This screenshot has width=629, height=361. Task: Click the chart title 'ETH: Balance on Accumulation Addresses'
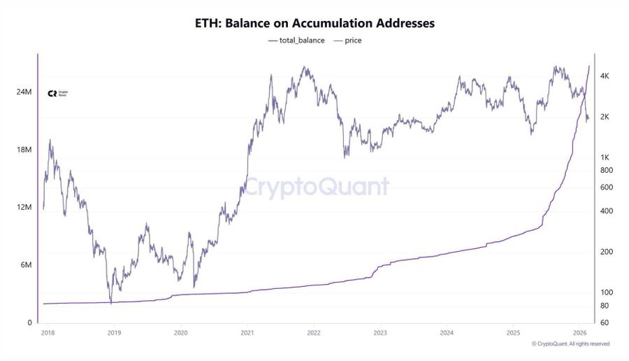(314, 23)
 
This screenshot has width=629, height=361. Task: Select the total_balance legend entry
(297, 41)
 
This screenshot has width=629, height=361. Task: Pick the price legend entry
(348, 41)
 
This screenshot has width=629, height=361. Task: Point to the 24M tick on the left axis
(24, 92)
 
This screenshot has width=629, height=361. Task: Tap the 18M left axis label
(24, 150)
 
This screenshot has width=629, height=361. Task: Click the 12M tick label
(24, 208)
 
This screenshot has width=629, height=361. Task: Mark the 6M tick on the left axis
(26, 265)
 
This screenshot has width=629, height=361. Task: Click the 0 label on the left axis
(30, 323)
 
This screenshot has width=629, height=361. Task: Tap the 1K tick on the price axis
(605, 157)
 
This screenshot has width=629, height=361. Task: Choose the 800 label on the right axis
(606, 171)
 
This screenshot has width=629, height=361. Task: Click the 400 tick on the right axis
(606, 211)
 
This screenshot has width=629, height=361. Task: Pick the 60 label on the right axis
(605, 323)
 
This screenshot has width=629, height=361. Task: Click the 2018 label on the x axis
(47, 333)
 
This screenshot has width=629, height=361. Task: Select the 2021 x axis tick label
(247, 333)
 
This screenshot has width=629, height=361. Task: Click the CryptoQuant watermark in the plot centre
(316, 187)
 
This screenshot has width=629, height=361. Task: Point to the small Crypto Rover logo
(57, 93)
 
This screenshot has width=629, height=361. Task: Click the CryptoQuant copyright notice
(570, 344)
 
